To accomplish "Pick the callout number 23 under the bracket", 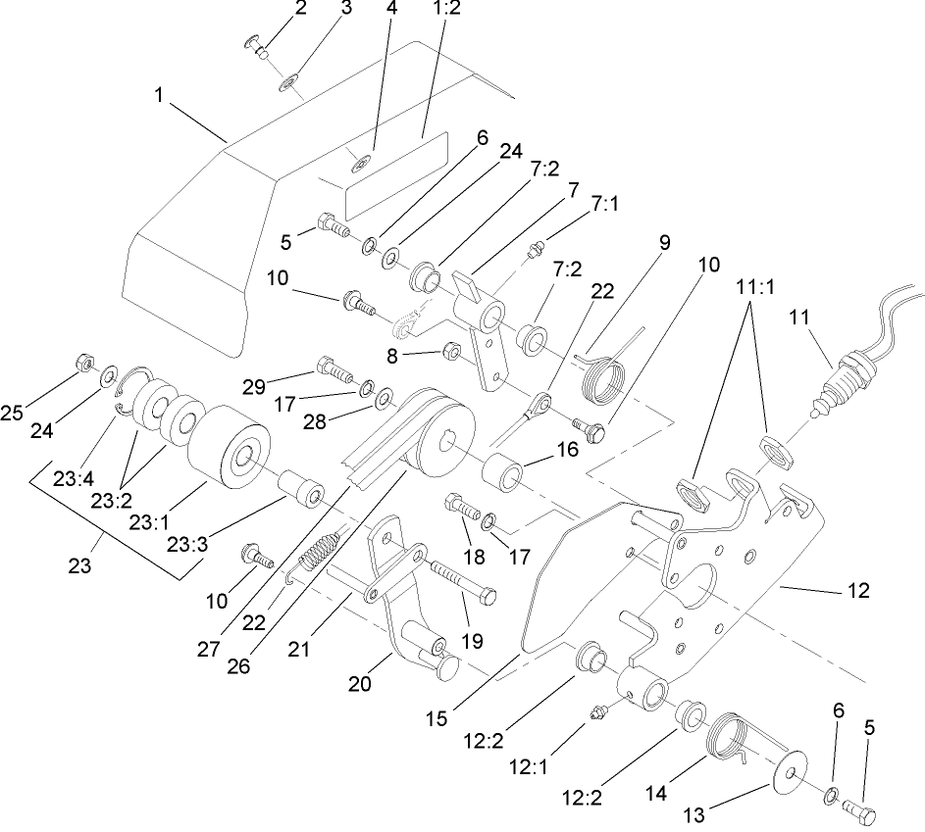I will pos(79,565).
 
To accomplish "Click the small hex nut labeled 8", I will pos(453,350).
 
